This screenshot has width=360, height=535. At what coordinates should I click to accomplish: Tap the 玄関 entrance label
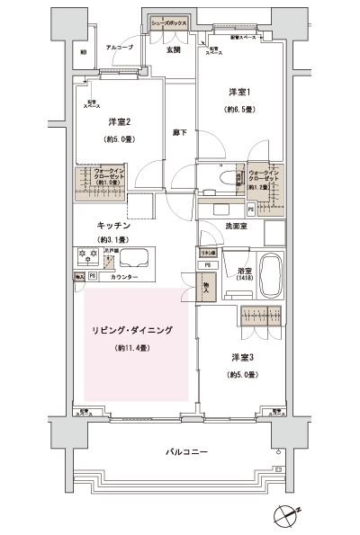(x=173, y=50)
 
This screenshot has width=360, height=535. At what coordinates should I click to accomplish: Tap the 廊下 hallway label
(x=178, y=132)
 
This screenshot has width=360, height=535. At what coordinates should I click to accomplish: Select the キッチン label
(x=116, y=225)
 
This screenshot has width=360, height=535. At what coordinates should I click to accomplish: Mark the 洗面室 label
(x=237, y=225)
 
